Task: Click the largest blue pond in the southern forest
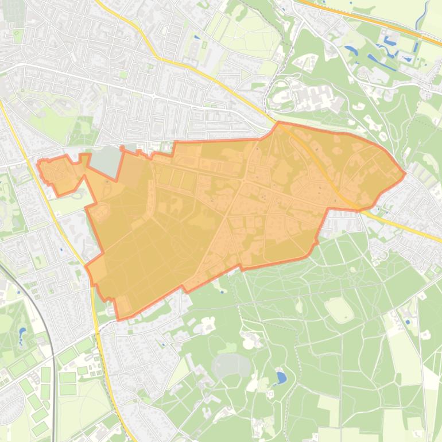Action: click(281, 377)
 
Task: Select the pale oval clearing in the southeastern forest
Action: click(339, 309)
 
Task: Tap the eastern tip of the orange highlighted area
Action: click(405, 173)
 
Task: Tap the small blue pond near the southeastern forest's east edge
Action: click(408, 322)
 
